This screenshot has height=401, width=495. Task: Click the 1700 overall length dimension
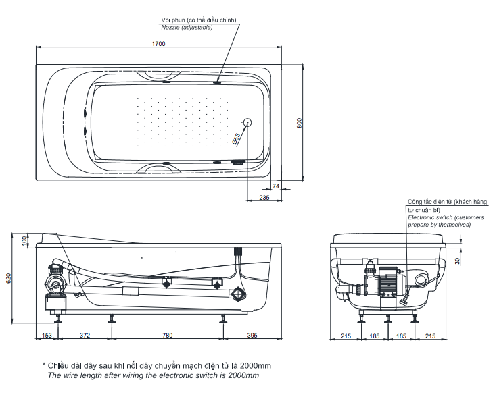tap(160, 43)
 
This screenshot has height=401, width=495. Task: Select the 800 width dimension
tap(300, 123)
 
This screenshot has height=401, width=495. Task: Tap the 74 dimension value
tap(275, 185)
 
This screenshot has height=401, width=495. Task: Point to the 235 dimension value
tap(264, 198)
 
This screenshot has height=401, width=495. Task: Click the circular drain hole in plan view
tap(247, 123)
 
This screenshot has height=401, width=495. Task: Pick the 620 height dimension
tap(8, 277)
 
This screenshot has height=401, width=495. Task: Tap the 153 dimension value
tap(47, 336)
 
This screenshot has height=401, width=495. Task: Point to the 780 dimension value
tap(167, 336)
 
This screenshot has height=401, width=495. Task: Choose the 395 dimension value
tap(252, 336)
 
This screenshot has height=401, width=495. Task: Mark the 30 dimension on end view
tap(457, 261)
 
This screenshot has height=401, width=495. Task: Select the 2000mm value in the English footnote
tap(244, 375)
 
